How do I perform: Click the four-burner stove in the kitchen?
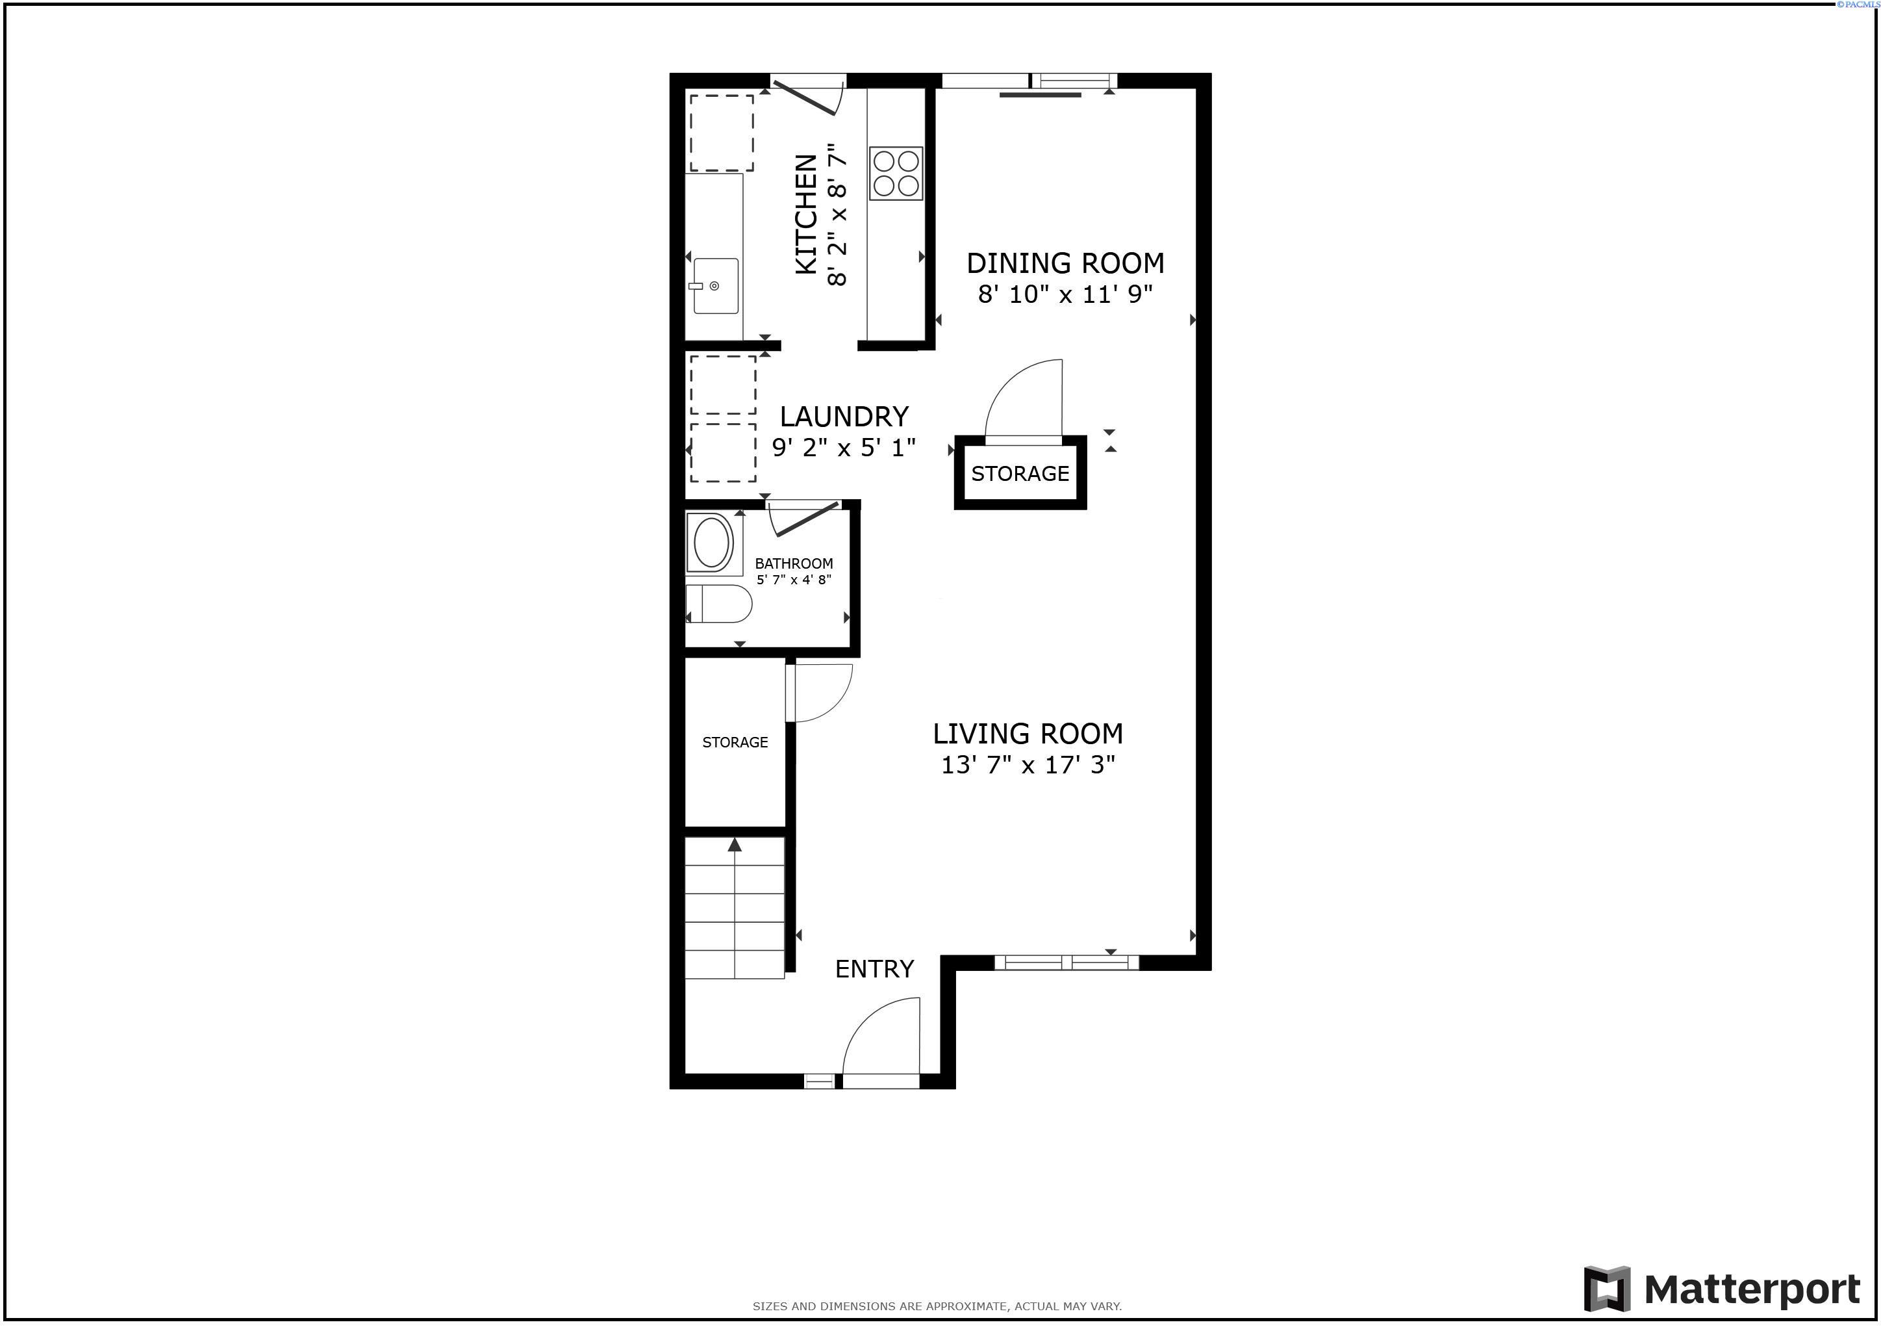pos(896,173)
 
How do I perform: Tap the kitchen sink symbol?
pos(715,286)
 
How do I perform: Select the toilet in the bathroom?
pos(719,603)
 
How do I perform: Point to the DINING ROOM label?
pos(1065,263)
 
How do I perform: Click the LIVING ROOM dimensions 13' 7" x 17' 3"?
pos(1028,765)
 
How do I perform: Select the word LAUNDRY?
pos(844,417)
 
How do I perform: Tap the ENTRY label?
pos(874,969)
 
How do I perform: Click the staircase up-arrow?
pos(735,844)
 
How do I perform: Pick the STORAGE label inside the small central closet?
pos(1020,474)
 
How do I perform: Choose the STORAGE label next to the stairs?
pos(735,742)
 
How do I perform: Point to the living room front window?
pos(1066,963)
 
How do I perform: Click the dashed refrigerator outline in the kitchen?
pos(721,133)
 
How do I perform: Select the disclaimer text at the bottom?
pos(937,1306)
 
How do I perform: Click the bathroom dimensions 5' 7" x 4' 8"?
pos(794,580)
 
